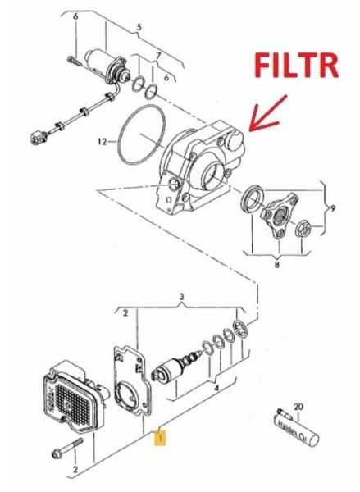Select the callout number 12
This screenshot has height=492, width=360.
pyautogui.click(x=102, y=141)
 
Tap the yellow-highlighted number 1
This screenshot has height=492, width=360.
pyautogui.click(x=162, y=438)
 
